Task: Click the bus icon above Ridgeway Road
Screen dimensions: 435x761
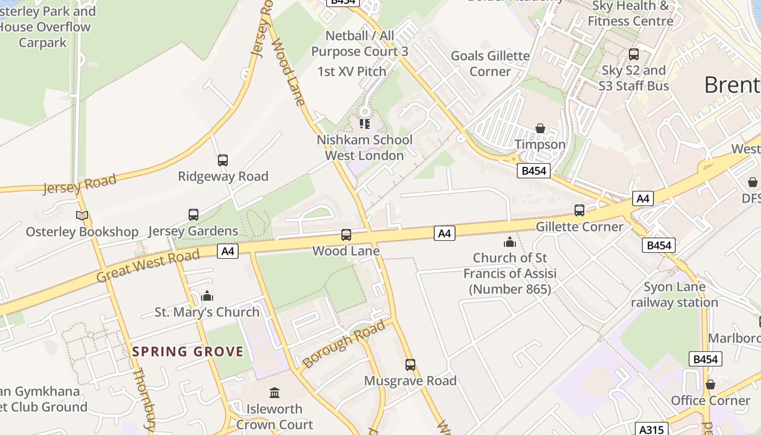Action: pos(223,160)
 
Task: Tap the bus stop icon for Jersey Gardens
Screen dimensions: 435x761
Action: pos(194,215)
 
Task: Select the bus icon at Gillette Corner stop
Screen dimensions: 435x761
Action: pos(579,210)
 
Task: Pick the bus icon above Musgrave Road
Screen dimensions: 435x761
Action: pos(410,364)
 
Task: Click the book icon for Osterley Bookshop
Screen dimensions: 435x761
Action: pos(82,216)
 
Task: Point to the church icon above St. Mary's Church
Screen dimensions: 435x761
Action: pos(207,296)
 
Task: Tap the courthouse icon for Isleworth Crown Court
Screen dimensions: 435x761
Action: pos(275,393)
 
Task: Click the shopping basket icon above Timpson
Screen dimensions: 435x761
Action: pos(540,128)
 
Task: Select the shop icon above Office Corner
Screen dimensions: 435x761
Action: pos(710,385)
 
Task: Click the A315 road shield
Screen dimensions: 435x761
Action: pos(651,430)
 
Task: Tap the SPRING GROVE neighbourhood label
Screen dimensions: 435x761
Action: pos(188,351)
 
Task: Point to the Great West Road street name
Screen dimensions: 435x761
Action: pos(148,266)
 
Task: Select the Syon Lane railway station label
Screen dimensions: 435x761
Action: pos(675,295)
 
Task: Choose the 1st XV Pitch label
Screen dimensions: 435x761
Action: pos(352,71)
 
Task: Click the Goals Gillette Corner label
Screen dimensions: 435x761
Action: pos(490,64)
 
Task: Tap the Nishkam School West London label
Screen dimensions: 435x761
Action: pos(365,147)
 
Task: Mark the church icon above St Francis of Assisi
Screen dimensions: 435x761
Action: pos(510,241)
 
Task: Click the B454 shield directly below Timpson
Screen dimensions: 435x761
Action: pos(533,171)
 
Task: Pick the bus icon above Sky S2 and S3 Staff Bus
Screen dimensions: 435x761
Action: pos(633,54)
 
